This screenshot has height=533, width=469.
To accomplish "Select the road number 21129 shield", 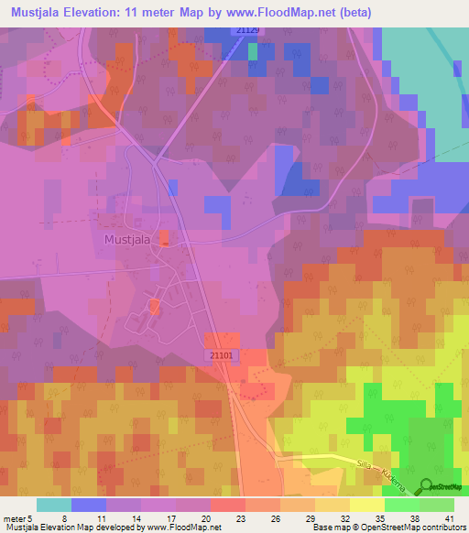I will coord(247,31).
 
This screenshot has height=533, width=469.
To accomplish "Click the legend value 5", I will coord(32,517).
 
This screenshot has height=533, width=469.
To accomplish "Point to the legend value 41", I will coord(449,517).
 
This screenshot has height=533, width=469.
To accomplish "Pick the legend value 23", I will coord(240,517).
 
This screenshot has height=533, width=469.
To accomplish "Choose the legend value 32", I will coord(344,517).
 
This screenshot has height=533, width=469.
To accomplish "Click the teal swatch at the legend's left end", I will coord(53,505).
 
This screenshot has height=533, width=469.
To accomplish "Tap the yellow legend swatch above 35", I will coord(366,505).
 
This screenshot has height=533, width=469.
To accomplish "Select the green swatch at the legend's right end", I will coord(436,505).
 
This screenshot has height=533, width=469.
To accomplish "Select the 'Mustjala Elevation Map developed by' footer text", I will coord(73,528).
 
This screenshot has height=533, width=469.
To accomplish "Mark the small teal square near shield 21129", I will coord(253,51).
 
